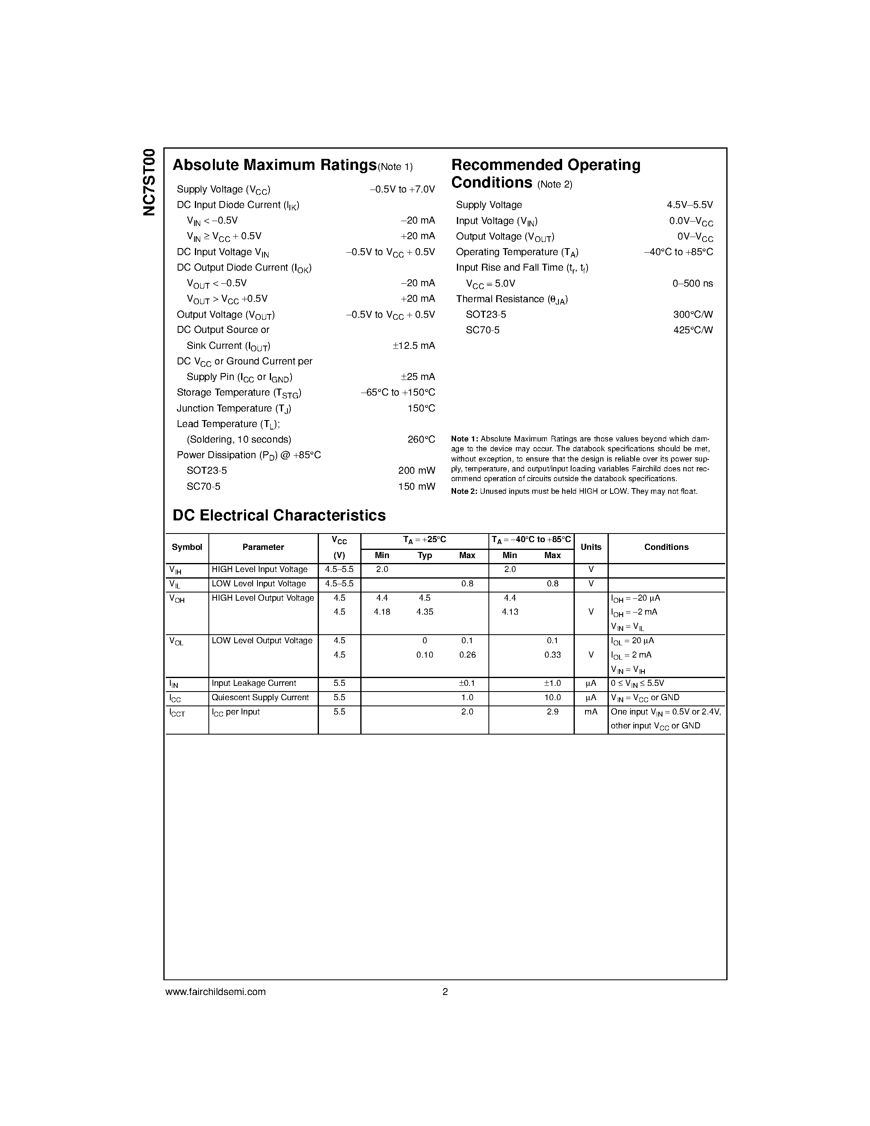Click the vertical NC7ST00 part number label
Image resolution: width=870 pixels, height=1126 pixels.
point(149,182)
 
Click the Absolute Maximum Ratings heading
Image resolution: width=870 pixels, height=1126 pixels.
point(274,165)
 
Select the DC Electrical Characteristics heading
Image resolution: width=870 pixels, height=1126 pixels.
point(279,516)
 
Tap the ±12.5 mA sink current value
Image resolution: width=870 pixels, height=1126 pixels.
point(414,346)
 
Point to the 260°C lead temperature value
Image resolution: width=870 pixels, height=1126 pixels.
point(421,439)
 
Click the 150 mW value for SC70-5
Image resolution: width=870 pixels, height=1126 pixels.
point(416,486)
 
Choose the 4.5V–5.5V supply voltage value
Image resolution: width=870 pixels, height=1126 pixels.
point(689,205)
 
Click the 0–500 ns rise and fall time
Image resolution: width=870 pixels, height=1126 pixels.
point(692,283)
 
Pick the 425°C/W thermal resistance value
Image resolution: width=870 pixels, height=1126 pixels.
point(693,330)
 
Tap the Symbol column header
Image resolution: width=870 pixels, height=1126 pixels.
point(187,547)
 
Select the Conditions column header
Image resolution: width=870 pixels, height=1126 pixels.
point(666,547)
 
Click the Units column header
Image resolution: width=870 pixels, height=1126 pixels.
point(591,547)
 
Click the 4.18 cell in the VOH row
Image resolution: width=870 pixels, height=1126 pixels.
point(382,612)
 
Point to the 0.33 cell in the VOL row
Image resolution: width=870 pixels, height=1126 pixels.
point(553,655)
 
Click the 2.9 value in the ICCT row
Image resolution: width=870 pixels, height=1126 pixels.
point(553,712)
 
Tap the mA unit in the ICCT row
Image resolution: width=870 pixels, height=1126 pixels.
point(591,712)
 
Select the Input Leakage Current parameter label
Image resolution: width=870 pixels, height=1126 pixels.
point(253,683)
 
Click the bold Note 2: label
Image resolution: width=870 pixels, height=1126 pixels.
point(464,491)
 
